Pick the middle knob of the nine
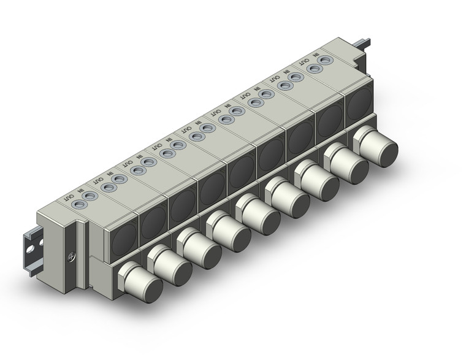click(258, 214)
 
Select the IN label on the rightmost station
click(316, 55)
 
